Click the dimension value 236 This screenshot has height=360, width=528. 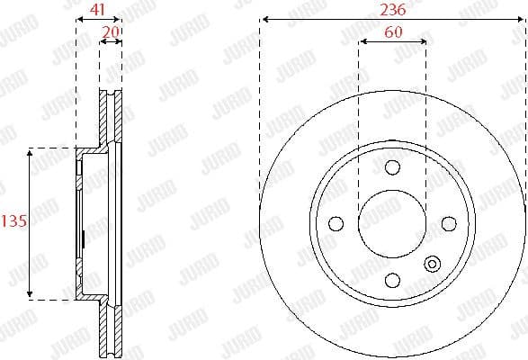pyautogui.click(x=392, y=11)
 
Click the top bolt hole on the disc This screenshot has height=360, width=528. pyautogui.click(x=391, y=167)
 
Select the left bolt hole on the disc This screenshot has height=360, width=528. pyautogui.click(x=336, y=222)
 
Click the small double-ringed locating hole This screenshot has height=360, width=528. pyautogui.click(x=433, y=265)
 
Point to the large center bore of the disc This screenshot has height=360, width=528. pyautogui.click(x=391, y=222)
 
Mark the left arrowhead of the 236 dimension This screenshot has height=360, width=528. pyautogui.click(x=263, y=20)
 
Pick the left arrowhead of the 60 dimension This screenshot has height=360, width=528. pyautogui.click(x=362, y=40)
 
